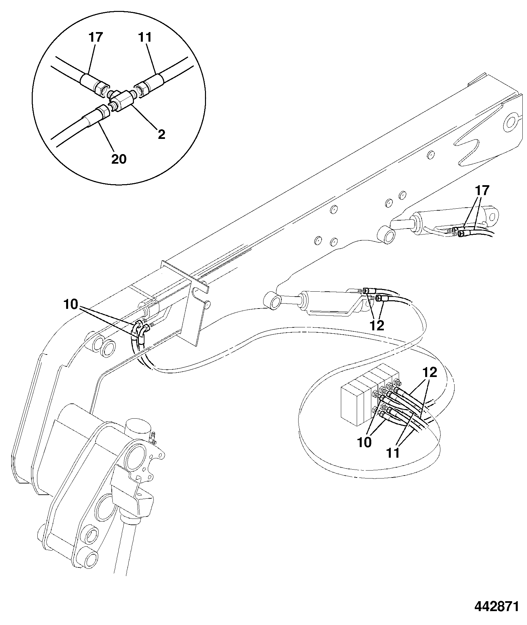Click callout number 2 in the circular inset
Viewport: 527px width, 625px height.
pos(161,134)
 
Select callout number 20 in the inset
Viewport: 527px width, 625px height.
pos(118,159)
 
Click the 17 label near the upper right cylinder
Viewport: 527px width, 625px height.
pos(482,190)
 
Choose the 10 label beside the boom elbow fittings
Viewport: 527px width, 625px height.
pos(71,304)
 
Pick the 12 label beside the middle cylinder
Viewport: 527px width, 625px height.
pos(377,325)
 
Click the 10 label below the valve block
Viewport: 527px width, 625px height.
pos(365,442)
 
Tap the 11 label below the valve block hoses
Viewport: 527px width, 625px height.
pos(393,452)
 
